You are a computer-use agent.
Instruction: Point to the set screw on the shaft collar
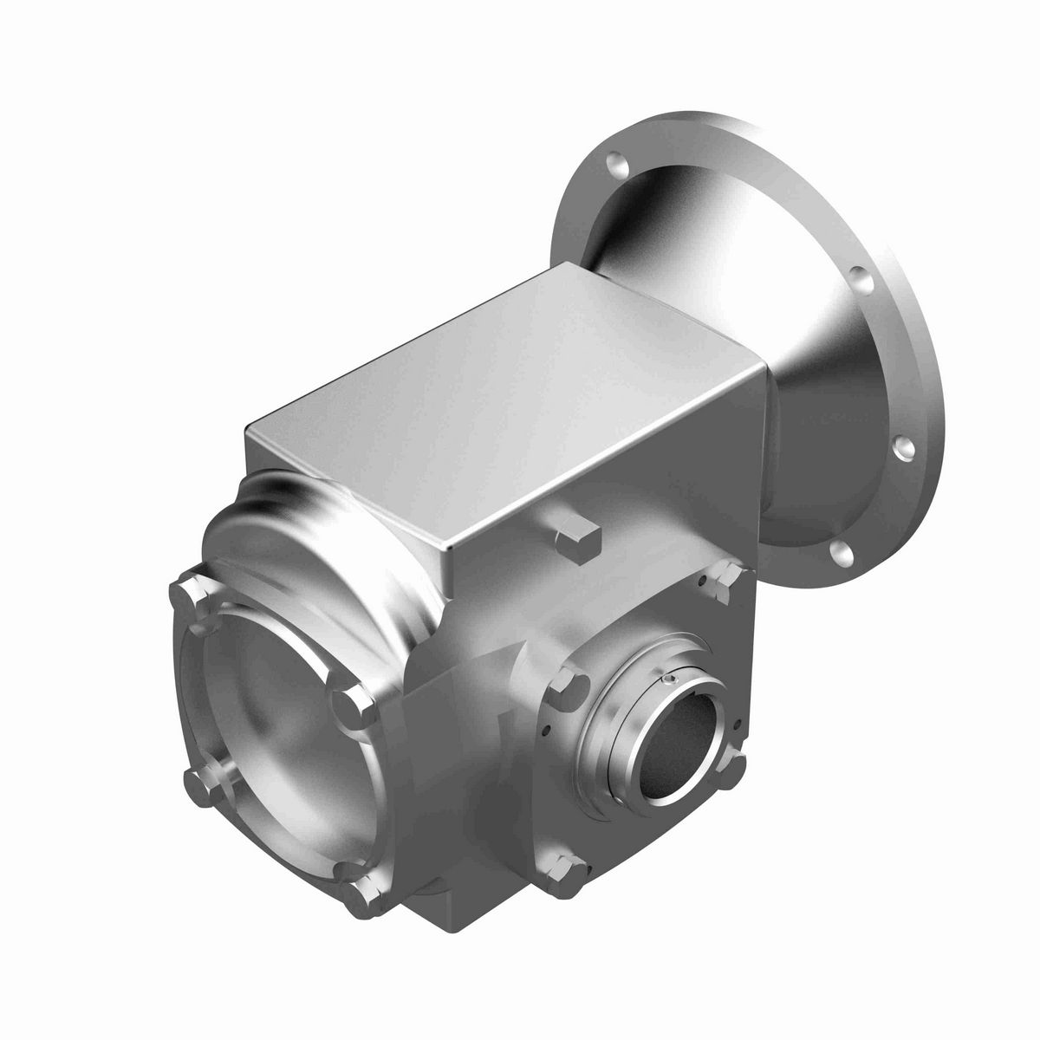(673, 682)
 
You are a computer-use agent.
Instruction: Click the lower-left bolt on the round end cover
(199, 788)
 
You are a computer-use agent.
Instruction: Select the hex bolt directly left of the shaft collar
(568, 685)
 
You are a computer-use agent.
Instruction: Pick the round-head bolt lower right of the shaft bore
(735, 765)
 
